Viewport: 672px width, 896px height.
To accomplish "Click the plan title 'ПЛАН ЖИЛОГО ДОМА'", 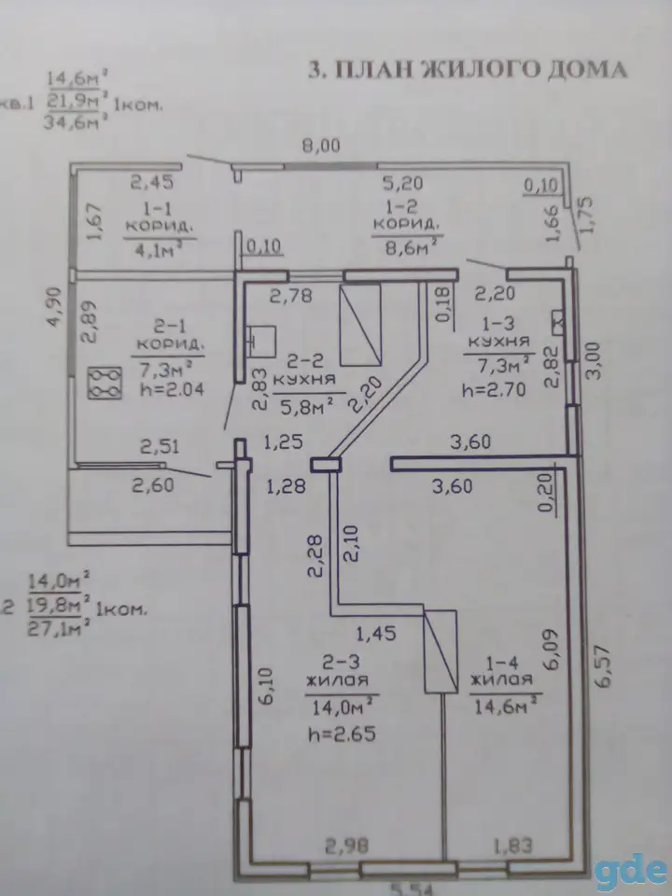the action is pyautogui.click(x=481, y=69).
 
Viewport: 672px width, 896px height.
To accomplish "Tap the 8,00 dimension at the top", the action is pyautogui.click(x=320, y=146).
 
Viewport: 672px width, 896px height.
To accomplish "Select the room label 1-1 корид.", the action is pyautogui.click(x=159, y=217).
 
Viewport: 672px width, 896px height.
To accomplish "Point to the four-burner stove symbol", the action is pyautogui.click(x=105, y=383).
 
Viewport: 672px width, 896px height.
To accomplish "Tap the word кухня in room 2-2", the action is pyautogui.click(x=304, y=379).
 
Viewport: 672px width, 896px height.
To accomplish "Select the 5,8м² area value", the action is pyautogui.click(x=306, y=405).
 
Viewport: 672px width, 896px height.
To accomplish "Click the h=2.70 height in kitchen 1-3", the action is pyautogui.click(x=494, y=390).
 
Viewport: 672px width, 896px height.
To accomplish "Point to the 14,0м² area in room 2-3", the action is pyautogui.click(x=342, y=708).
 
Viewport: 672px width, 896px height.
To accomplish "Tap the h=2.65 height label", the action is pyautogui.click(x=342, y=734).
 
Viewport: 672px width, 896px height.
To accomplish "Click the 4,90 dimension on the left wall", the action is pyautogui.click(x=54, y=306).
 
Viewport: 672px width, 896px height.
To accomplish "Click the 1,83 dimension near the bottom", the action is pyautogui.click(x=512, y=845).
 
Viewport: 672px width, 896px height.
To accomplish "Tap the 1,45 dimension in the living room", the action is pyautogui.click(x=376, y=633).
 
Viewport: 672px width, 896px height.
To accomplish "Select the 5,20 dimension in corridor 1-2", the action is pyautogui.click(x=403, y=183).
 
